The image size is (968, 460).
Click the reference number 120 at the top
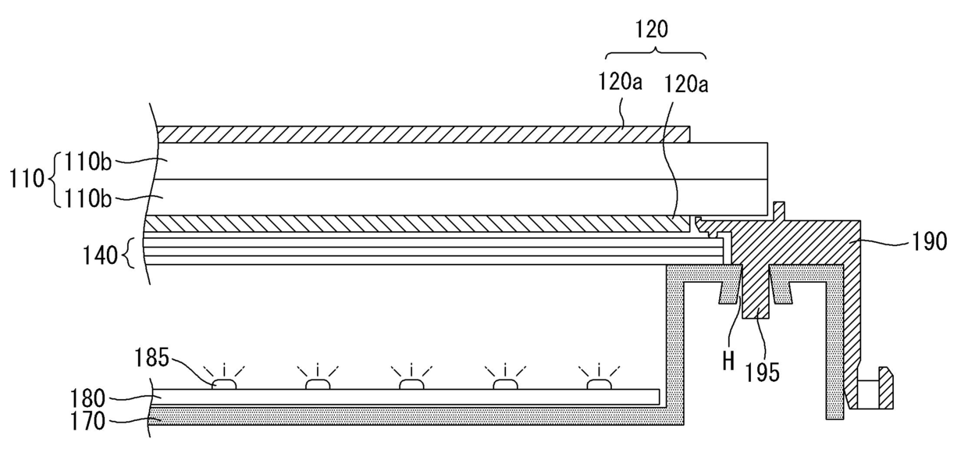(x=651, y=30)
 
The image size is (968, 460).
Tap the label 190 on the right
(x=930, y=241)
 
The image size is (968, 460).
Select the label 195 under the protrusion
(x=762, y=373)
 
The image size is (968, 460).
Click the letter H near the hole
(x=728, y=361)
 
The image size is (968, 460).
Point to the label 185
(x=151, y=358)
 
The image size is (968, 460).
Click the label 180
(x=87, y=398)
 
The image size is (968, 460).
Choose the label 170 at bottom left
(x=87, y=421)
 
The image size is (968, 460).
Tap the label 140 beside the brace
(x=100, y=255)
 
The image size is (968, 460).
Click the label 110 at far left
(x=27, y=179)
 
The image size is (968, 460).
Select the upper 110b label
(x=88, y=162)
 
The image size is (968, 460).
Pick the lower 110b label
(x=88, y=199)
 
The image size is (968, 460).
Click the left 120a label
(x=620, y=81)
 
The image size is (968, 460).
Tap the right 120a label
(x=686, y=84)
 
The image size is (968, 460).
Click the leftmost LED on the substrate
(x=224, y=384)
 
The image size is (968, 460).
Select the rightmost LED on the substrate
(x=599, y=384)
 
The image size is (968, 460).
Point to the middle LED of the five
(x=411, y=384)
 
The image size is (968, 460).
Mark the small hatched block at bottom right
(x=885, y=387)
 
